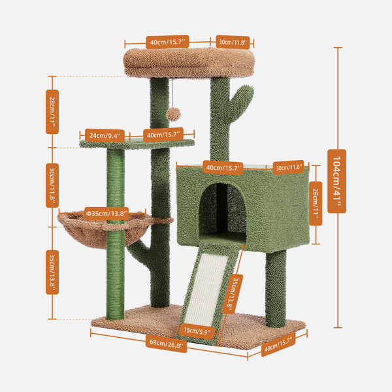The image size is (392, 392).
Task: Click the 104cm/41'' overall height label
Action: tap(336, 181)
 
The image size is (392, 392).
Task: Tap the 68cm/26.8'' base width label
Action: tap(166, 344)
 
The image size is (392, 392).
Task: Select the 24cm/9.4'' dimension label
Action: tap(105, 135)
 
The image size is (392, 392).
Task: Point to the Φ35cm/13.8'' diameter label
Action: tap(106, 214)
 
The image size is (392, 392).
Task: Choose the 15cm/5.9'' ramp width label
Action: tap(197, 331)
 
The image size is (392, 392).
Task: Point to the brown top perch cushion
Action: tap(189, 63)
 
